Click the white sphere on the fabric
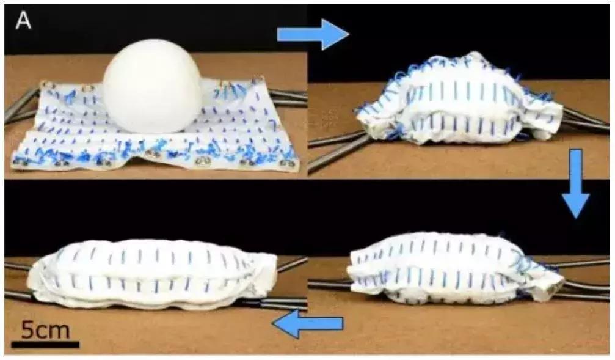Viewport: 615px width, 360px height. [152, 86]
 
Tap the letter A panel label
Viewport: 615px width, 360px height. [23, 21]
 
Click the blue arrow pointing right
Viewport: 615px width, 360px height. [313, 35]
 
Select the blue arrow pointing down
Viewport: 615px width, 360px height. [576, 183]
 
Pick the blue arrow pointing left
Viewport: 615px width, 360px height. [308, 323]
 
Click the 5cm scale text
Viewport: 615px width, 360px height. [45, 330]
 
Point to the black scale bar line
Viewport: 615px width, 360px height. [45, 345]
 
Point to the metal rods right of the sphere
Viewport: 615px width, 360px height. [288, 95]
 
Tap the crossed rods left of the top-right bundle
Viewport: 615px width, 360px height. [337, 149]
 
